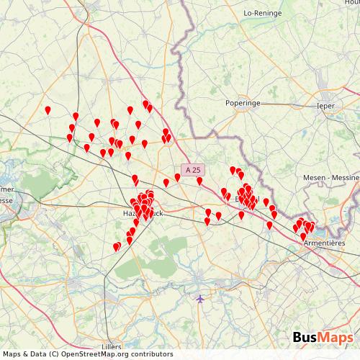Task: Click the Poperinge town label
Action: coord(243,103)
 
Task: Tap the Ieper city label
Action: coord(326,106)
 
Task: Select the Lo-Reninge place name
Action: coord(262,12)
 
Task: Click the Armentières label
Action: coord(324,243)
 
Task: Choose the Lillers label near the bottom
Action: coord(112,346)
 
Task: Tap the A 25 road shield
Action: coord(192,170)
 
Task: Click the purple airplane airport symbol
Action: coord(199,298)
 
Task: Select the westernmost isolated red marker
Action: coord(48,110)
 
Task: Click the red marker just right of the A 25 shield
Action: coord(199,181)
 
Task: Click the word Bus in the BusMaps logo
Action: coord(306,338)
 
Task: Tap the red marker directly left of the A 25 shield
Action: coord(177,176)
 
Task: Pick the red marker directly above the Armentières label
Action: coord(310,228)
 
